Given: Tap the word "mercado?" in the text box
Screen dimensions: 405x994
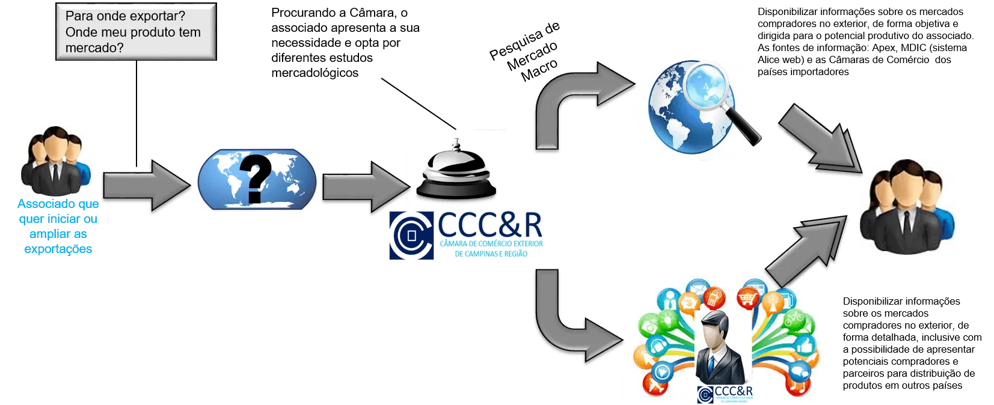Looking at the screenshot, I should point(94,48).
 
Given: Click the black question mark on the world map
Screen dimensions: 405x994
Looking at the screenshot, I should point(255,177).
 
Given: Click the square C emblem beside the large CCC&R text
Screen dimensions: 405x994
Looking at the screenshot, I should point(411,236).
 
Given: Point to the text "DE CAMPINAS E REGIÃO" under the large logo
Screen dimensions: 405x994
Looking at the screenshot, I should point(491,254).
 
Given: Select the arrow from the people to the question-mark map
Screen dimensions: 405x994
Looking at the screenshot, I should point(144,186).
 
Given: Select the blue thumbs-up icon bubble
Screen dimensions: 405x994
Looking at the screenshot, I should point(805,347).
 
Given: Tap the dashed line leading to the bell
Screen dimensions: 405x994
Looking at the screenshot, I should point(418,103).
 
